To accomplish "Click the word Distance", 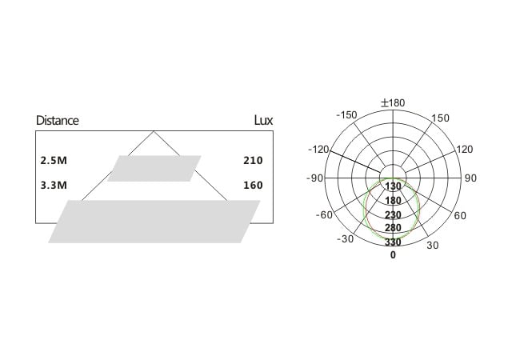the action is tap(58, 121).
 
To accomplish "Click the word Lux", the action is tap(263, 121).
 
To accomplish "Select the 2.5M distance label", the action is tap(54, 160).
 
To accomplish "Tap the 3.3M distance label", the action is tap(54, 186).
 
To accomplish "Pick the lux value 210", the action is tap(253, 160).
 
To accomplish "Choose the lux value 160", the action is tap(253, 186).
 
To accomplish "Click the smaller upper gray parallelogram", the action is tap(154, 168).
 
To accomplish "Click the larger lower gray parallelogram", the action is tap(154, 222).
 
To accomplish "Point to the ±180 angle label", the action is tap(393, 103).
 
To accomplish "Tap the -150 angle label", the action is tap(346, 115).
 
